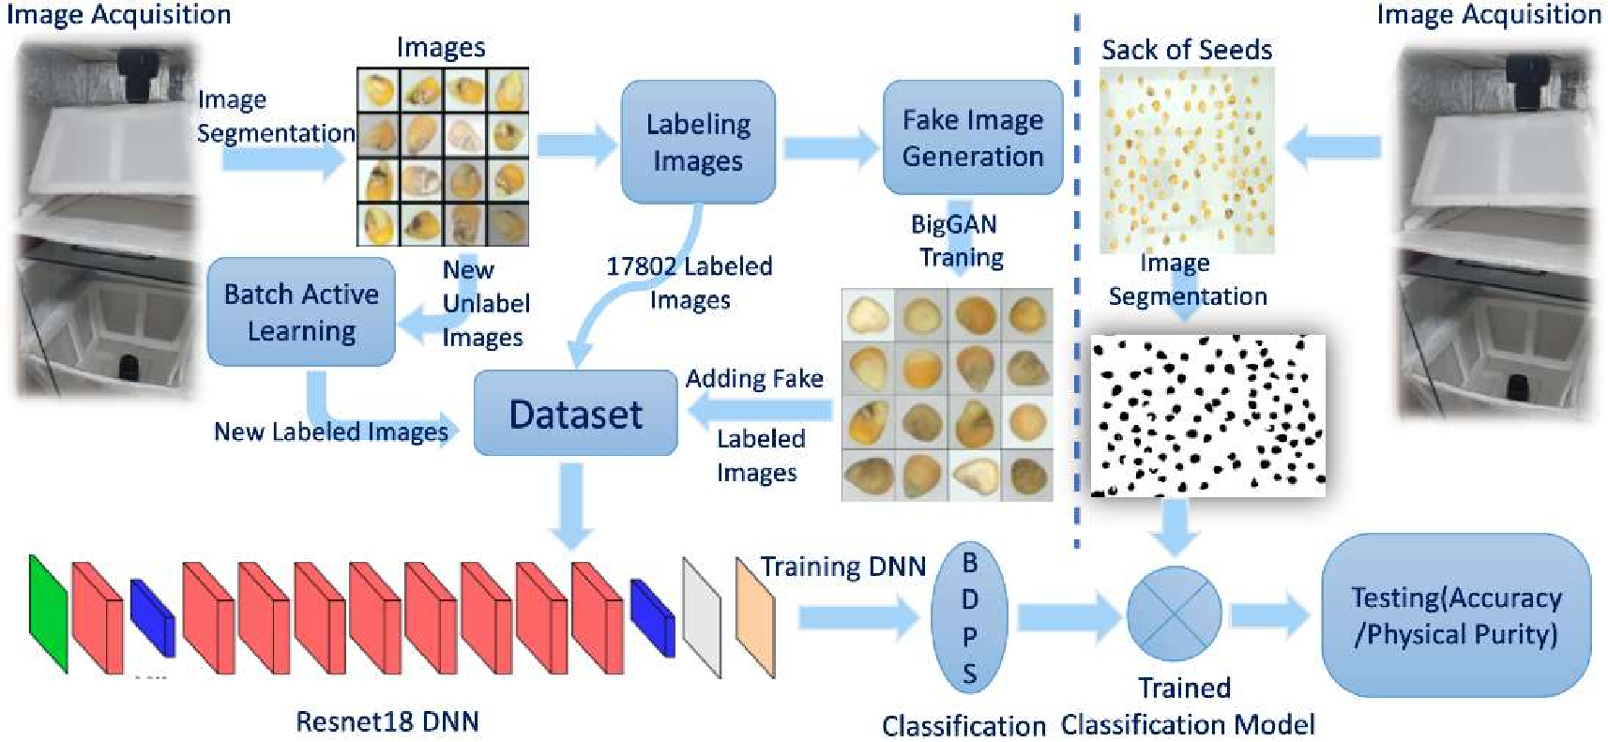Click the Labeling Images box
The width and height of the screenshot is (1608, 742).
click(698, 142)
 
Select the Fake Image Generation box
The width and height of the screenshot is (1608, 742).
click(972, 138)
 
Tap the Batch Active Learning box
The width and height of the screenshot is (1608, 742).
click(301, 312)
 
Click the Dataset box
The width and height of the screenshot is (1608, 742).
click(575, 414)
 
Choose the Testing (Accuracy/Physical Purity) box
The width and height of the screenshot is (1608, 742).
click(1455, 615)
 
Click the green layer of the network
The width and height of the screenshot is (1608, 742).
click(48, 613)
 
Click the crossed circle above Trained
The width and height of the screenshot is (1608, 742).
click(1174, 614)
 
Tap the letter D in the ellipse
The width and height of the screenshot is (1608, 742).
click(970, 598)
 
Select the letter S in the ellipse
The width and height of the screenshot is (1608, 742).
click(970, 673)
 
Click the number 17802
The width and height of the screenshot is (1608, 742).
click(642, 266)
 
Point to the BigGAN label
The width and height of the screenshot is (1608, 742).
click(953, 224)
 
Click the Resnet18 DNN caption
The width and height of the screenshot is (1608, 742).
click(387, 721)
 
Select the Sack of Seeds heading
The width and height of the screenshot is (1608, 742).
click(1186, 50)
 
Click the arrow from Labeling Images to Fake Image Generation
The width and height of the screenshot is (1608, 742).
click(829, 147)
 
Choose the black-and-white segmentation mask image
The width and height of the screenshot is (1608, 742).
click(1208, 415)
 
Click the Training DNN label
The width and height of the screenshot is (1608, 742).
click(842, 567)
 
